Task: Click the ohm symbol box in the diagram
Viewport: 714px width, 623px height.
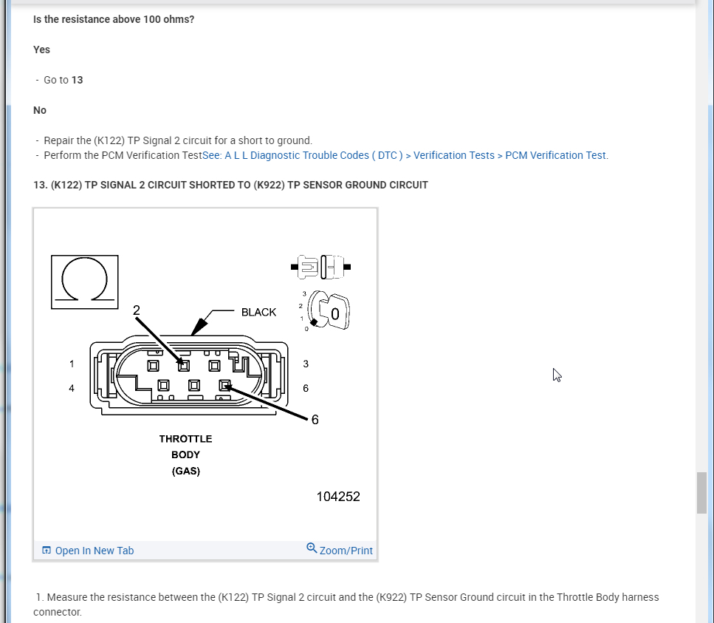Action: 84,282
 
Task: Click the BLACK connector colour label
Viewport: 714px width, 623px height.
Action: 258,312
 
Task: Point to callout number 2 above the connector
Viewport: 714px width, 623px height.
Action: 137,310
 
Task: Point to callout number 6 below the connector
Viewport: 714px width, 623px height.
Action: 315,420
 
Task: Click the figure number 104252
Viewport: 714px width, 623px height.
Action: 338,497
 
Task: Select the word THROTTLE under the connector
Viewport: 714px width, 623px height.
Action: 185,439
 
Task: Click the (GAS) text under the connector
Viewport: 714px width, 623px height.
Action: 185,471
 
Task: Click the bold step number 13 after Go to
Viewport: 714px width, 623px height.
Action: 78,80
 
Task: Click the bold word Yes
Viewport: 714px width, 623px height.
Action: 42,50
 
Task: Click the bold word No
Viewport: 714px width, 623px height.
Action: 40,110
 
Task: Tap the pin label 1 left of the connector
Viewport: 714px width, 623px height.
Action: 72,364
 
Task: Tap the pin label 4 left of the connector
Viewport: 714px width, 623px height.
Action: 72,388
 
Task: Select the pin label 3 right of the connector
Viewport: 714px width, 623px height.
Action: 306,364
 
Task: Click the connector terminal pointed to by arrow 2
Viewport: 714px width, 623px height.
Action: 184,365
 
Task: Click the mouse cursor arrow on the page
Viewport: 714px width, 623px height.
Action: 557,375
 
